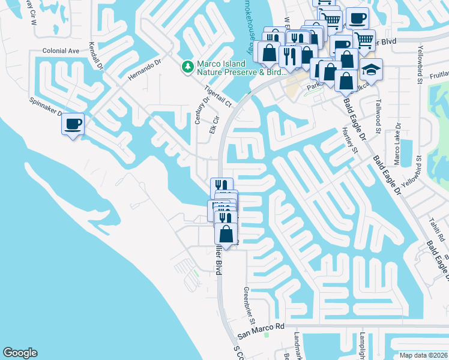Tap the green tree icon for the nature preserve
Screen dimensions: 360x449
188,66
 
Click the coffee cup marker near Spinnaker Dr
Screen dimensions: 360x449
73,124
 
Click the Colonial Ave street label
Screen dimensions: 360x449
61,51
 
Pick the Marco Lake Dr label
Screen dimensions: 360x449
396,144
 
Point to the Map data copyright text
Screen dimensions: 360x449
423,355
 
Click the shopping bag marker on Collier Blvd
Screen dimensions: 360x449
226,234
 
